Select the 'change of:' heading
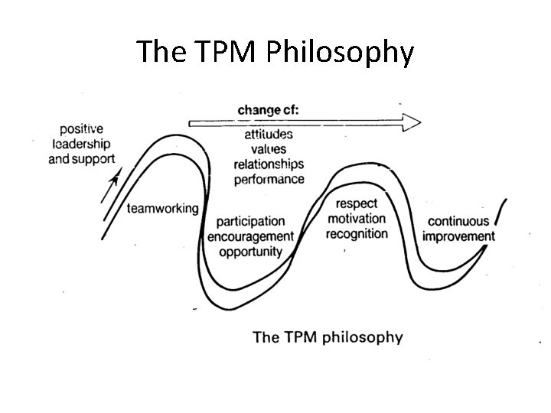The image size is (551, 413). pyautogui.click(x=268, y=110)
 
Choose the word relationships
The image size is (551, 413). pyautogui.click(x=269, y=164)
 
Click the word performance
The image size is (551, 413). pyautogui.click(x=269, y=179)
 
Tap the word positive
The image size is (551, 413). pyautogui.click(x=81, y=128)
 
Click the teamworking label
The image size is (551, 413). pyautogui.click(x=162, y=208)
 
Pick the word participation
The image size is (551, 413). pyautogui.click(x=250, y=222)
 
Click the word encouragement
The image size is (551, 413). pyautogui.click(x=250, y=236)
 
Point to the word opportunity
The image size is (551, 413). pyautogui.click(x=250, y=251)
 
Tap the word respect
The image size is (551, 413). pyautogui.click(x=357, y=204)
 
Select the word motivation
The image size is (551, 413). pyautogui.click(x=357, y=219)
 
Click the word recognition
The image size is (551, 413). pyautogui.click(x=357, y=233)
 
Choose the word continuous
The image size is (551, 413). pyautogui.click(x=458, y=222)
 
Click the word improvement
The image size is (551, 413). pyautogui.click(x=458, y=236)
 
